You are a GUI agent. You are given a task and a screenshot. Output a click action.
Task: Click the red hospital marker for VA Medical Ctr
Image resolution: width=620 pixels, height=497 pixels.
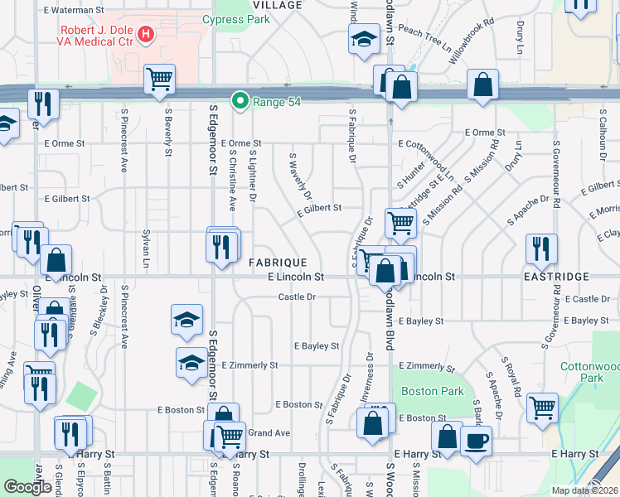click(x=146, y=34)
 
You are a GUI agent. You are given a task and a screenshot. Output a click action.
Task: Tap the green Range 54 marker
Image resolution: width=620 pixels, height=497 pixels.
click(x=240, y=100)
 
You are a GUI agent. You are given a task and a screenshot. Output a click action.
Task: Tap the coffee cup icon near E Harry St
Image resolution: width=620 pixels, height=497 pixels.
click(x=476, y=440)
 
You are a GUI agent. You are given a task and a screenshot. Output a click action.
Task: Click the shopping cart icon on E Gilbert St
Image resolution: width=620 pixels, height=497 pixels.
click(x=400, y=220)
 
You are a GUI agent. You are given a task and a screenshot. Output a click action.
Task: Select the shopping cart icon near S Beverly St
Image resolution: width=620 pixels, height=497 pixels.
click(x=158, y=79)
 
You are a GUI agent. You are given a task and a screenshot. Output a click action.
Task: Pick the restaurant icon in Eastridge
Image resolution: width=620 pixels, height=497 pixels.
click(x=541, y=248)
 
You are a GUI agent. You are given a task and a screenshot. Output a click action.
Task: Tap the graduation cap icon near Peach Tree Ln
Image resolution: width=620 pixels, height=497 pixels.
click(x=363, y=39)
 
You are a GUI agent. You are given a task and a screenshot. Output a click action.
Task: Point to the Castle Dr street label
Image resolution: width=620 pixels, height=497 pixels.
click(x=297, y=297)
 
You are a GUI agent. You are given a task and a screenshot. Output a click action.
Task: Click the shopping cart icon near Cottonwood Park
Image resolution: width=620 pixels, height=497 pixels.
click(x=542, y=407)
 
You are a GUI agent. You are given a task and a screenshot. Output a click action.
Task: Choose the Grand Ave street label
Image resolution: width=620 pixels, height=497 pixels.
click(x=269, y=432)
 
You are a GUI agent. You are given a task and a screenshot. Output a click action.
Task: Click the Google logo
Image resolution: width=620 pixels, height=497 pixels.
click(x=27, y=487)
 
